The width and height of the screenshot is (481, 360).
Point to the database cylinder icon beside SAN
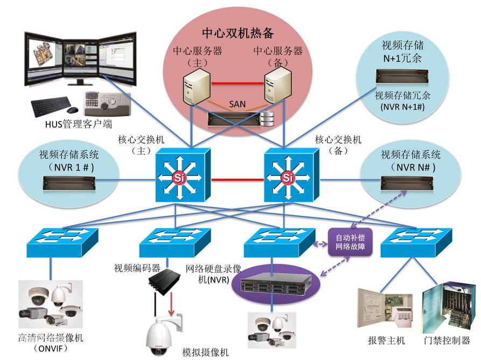point(267,119)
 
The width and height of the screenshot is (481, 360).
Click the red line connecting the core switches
point(234,179)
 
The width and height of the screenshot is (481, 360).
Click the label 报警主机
point(386,341)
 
